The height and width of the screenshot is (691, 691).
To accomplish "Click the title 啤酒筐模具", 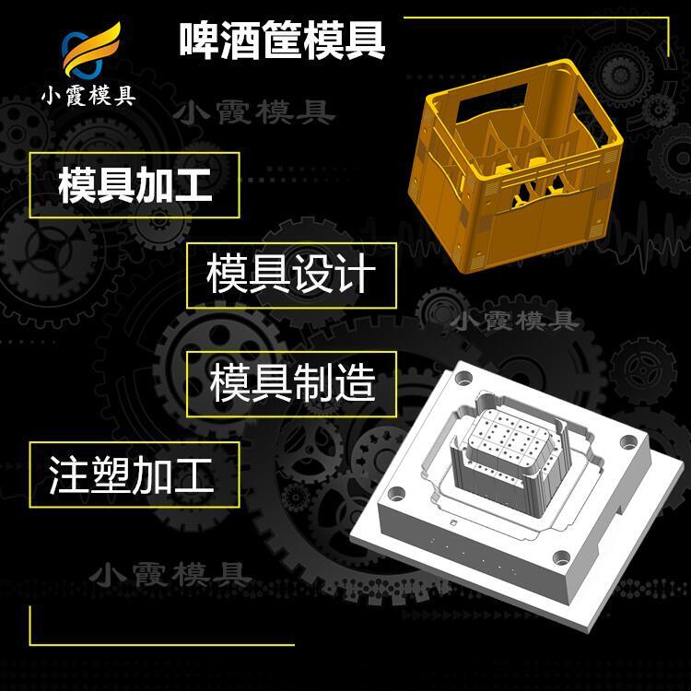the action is [x=282, y=41].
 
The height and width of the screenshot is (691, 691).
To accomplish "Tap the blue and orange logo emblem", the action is [x=91, y=50].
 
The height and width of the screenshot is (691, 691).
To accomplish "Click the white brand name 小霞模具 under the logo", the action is [x=88, y=96].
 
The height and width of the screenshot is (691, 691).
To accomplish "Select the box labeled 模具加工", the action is [x=135, y=185].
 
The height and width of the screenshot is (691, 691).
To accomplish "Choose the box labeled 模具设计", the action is [x=291, y=275].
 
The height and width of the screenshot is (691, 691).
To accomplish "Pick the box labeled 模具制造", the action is [x=291, y=384].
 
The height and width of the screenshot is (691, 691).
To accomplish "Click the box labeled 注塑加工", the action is [x=135, y=474].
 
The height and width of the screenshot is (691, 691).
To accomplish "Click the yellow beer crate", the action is [x=516, y=168].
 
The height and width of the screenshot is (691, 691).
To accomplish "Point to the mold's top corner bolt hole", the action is [x=463, y=378].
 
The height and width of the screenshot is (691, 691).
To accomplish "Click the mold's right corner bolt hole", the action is [x=629, y=441].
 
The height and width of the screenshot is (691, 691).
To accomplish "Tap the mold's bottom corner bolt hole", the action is [x=561, y=558].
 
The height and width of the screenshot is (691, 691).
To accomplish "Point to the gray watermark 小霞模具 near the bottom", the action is [x=170, y=575].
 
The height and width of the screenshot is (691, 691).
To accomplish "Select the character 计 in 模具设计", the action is [x=355, y=275].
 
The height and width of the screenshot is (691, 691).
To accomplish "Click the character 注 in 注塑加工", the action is [x=69, y=474].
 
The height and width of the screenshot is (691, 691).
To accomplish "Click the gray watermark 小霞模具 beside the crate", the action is [x=254, y=112].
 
